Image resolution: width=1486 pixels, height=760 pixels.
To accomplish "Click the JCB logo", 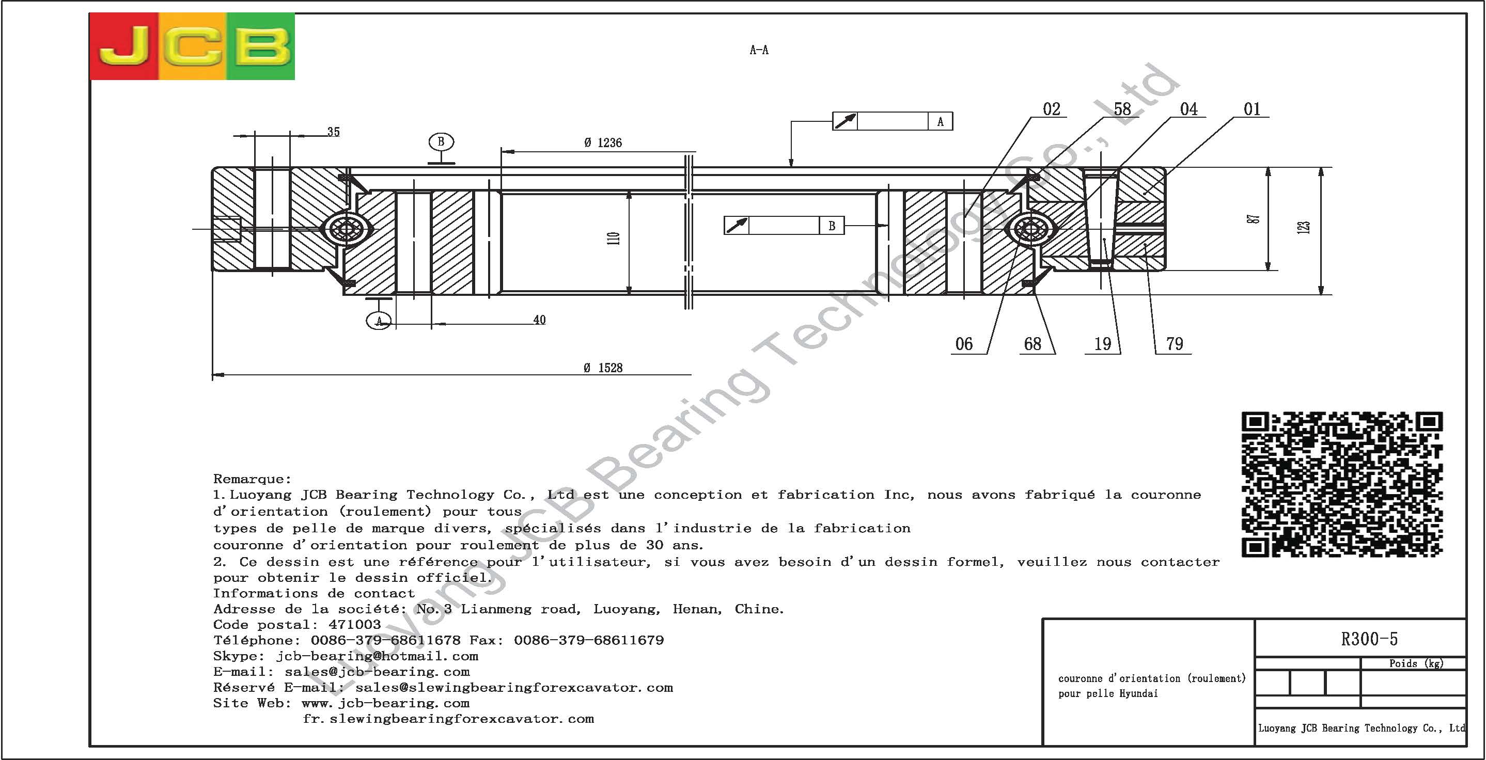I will click(x=192, y=46).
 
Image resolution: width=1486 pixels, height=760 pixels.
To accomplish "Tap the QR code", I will click(x=1342, y=484).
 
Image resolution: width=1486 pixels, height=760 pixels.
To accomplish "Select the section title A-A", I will click(x=759, y=50).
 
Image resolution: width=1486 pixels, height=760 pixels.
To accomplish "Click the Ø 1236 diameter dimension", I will click(x=603, y=142).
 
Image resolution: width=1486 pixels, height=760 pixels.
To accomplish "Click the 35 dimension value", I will click(x=334, y=132).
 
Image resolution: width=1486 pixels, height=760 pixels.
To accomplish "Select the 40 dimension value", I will click(x=539, y=320).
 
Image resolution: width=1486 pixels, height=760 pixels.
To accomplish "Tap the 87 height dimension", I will click(x=1254, y=219).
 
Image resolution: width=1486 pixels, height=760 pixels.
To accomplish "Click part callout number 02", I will click(x=1052, y=109).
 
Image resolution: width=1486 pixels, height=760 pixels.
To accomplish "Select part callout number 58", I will click(x=1122, y=109).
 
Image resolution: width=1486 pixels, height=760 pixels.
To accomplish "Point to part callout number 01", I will click(x=1252, y=109).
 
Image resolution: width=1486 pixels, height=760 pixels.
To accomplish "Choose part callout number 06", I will click(x=964, y=344).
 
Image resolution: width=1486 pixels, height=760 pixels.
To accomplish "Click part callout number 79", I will click(x=1175, y=344).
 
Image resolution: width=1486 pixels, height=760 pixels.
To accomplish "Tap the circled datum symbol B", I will click(x=441, y=142).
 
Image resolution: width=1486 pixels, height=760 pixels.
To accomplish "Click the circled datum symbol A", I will click(x=379, y=321).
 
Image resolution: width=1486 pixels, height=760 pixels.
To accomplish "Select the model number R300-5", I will click(x=1369, y=639).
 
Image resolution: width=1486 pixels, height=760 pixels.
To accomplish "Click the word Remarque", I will click(x=252, y=479).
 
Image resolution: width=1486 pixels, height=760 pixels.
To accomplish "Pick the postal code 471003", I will click(x=355, y=625).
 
